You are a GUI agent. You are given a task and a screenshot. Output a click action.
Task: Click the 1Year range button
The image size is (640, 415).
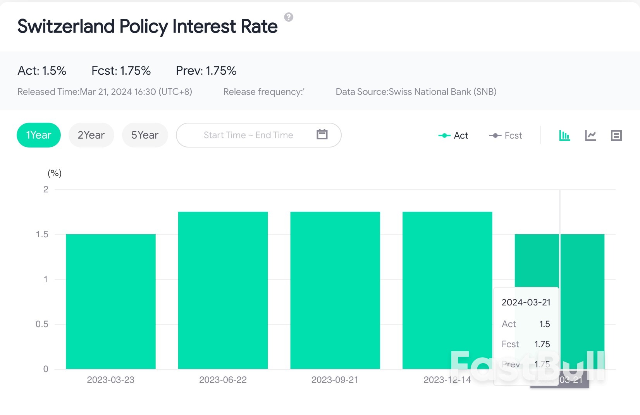(x=39, y=135)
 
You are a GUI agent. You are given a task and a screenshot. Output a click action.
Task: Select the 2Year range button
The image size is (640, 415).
(x=91, y=135)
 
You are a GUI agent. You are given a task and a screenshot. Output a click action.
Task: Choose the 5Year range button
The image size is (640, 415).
(x=145, y=135)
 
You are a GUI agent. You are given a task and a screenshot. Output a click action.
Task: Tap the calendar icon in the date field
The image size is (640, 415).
(x=322, y=134)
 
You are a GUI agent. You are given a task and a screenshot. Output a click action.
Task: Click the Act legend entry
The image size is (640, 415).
(x=453, y=135)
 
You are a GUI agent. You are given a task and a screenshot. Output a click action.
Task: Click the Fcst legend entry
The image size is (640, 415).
(x=506, y=135)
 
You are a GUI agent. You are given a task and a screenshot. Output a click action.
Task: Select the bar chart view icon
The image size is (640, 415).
(x=564, y=135)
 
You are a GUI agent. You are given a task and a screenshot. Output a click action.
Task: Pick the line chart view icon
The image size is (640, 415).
(x=590, y=135)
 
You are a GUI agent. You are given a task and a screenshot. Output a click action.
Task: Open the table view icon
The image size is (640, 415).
(x=616, y=135)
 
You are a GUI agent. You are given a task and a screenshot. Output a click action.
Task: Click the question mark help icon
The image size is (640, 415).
(x=289, y=17)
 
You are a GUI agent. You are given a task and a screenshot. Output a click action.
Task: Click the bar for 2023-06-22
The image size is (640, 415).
(x=223, y=290)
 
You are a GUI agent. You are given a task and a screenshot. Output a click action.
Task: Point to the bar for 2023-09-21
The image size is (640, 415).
(x=335, y=290)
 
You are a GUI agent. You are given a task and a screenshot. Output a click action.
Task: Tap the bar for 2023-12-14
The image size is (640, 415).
(x=447, y=290)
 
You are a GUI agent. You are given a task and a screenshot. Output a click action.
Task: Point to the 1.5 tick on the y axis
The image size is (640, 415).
(x=42, y=235)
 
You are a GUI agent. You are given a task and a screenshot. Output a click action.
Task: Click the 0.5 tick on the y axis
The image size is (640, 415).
(x=42, y=324)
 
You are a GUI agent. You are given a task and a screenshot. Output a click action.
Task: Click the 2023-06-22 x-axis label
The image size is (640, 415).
(x=223, y=380)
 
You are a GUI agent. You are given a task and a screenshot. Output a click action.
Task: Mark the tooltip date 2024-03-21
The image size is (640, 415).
(x=526, y=302)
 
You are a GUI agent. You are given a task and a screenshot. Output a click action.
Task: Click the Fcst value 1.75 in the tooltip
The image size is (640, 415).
(x=542, y=344)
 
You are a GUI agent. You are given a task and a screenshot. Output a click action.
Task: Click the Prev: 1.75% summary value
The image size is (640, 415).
(x=206, y=70)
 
